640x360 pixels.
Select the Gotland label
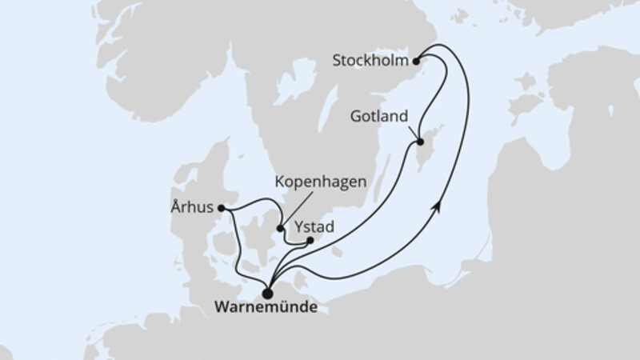(379, 115)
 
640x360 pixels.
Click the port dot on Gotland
(419, 144)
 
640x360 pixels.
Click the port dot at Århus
(222, 210)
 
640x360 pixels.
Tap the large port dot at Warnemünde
(267, 293)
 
